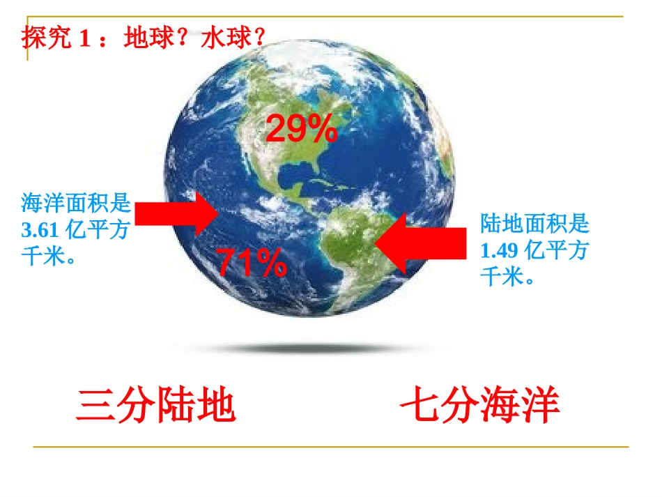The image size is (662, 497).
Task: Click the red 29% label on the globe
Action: point(302,129)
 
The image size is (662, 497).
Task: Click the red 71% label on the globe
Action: point(252,263)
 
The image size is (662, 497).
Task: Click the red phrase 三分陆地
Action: point(156,407)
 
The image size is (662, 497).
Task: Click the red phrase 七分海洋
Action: point(480,407)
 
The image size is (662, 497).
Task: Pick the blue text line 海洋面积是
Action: point(76,204)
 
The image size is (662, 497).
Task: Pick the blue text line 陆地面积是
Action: point(534,224)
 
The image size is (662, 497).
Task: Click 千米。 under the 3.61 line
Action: point(48,257)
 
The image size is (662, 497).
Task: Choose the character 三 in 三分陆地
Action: point(95,407)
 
